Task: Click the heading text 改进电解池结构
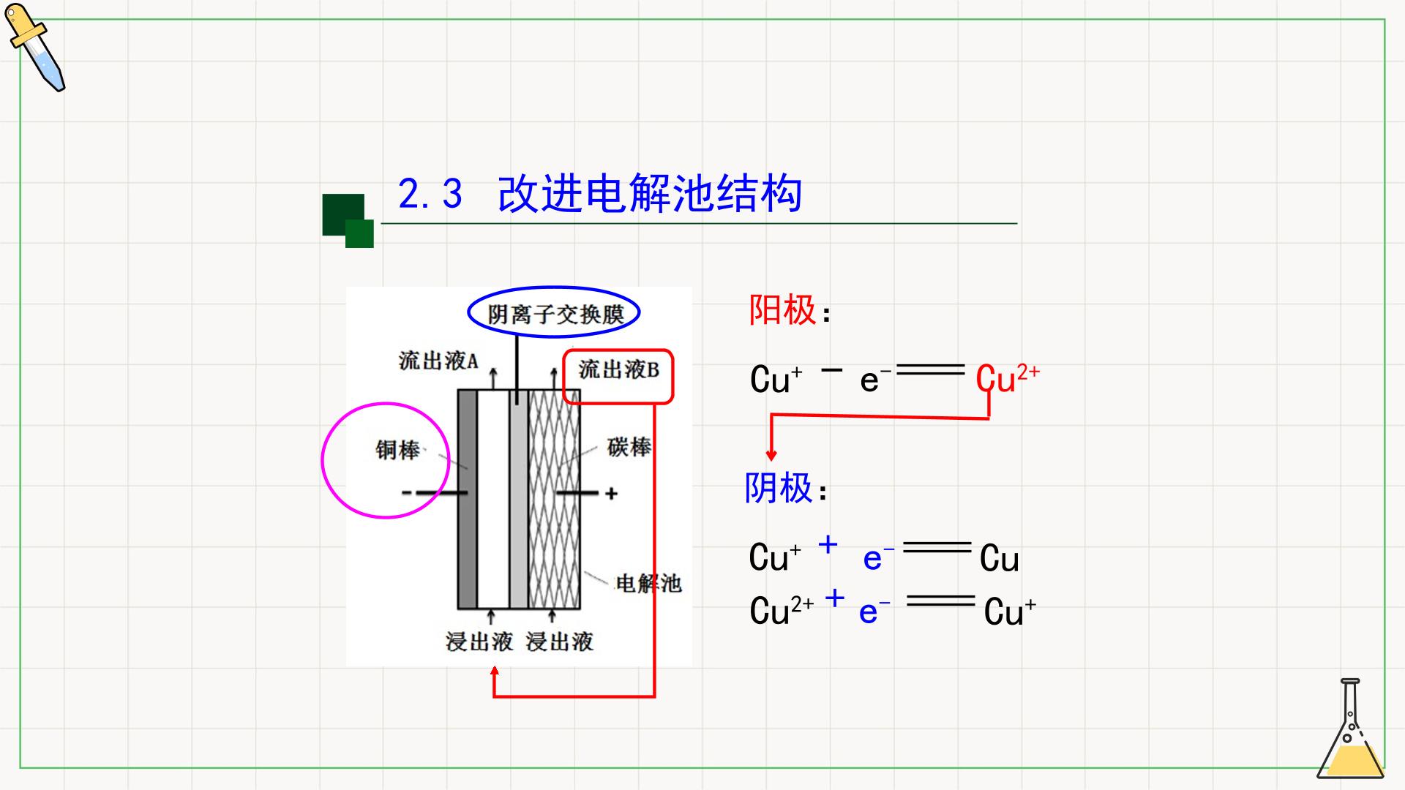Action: (650, 194)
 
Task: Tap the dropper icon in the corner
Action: (35, 48)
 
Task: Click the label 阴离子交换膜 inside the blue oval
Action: (555, 315)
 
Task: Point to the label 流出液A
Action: (438, 361)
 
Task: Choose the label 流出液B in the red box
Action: (619, 369)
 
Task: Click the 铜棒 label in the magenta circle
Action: (398, 450)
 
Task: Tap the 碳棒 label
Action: (629, 447)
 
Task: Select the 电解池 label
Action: (648, 583)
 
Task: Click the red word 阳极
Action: (782, 310)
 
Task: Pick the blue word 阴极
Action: (779, 488)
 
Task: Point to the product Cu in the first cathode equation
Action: (999, 559)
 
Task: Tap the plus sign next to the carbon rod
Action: (612, 494)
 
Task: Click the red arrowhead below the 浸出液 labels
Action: (495, 671)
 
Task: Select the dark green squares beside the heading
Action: (348, 221)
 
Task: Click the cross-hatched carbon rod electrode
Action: (554, 499)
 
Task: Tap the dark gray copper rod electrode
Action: (467, 499)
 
